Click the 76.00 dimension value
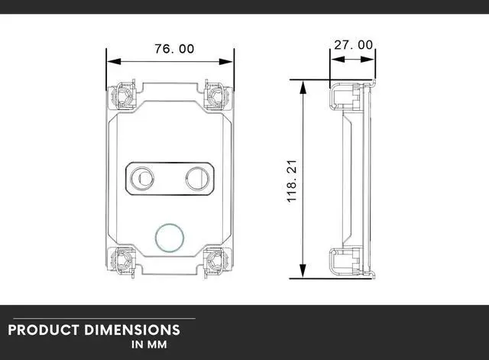coord(174,48)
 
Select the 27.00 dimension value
coord(354,45)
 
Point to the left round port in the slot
coord(141,177)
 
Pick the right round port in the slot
coord(197,177)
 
